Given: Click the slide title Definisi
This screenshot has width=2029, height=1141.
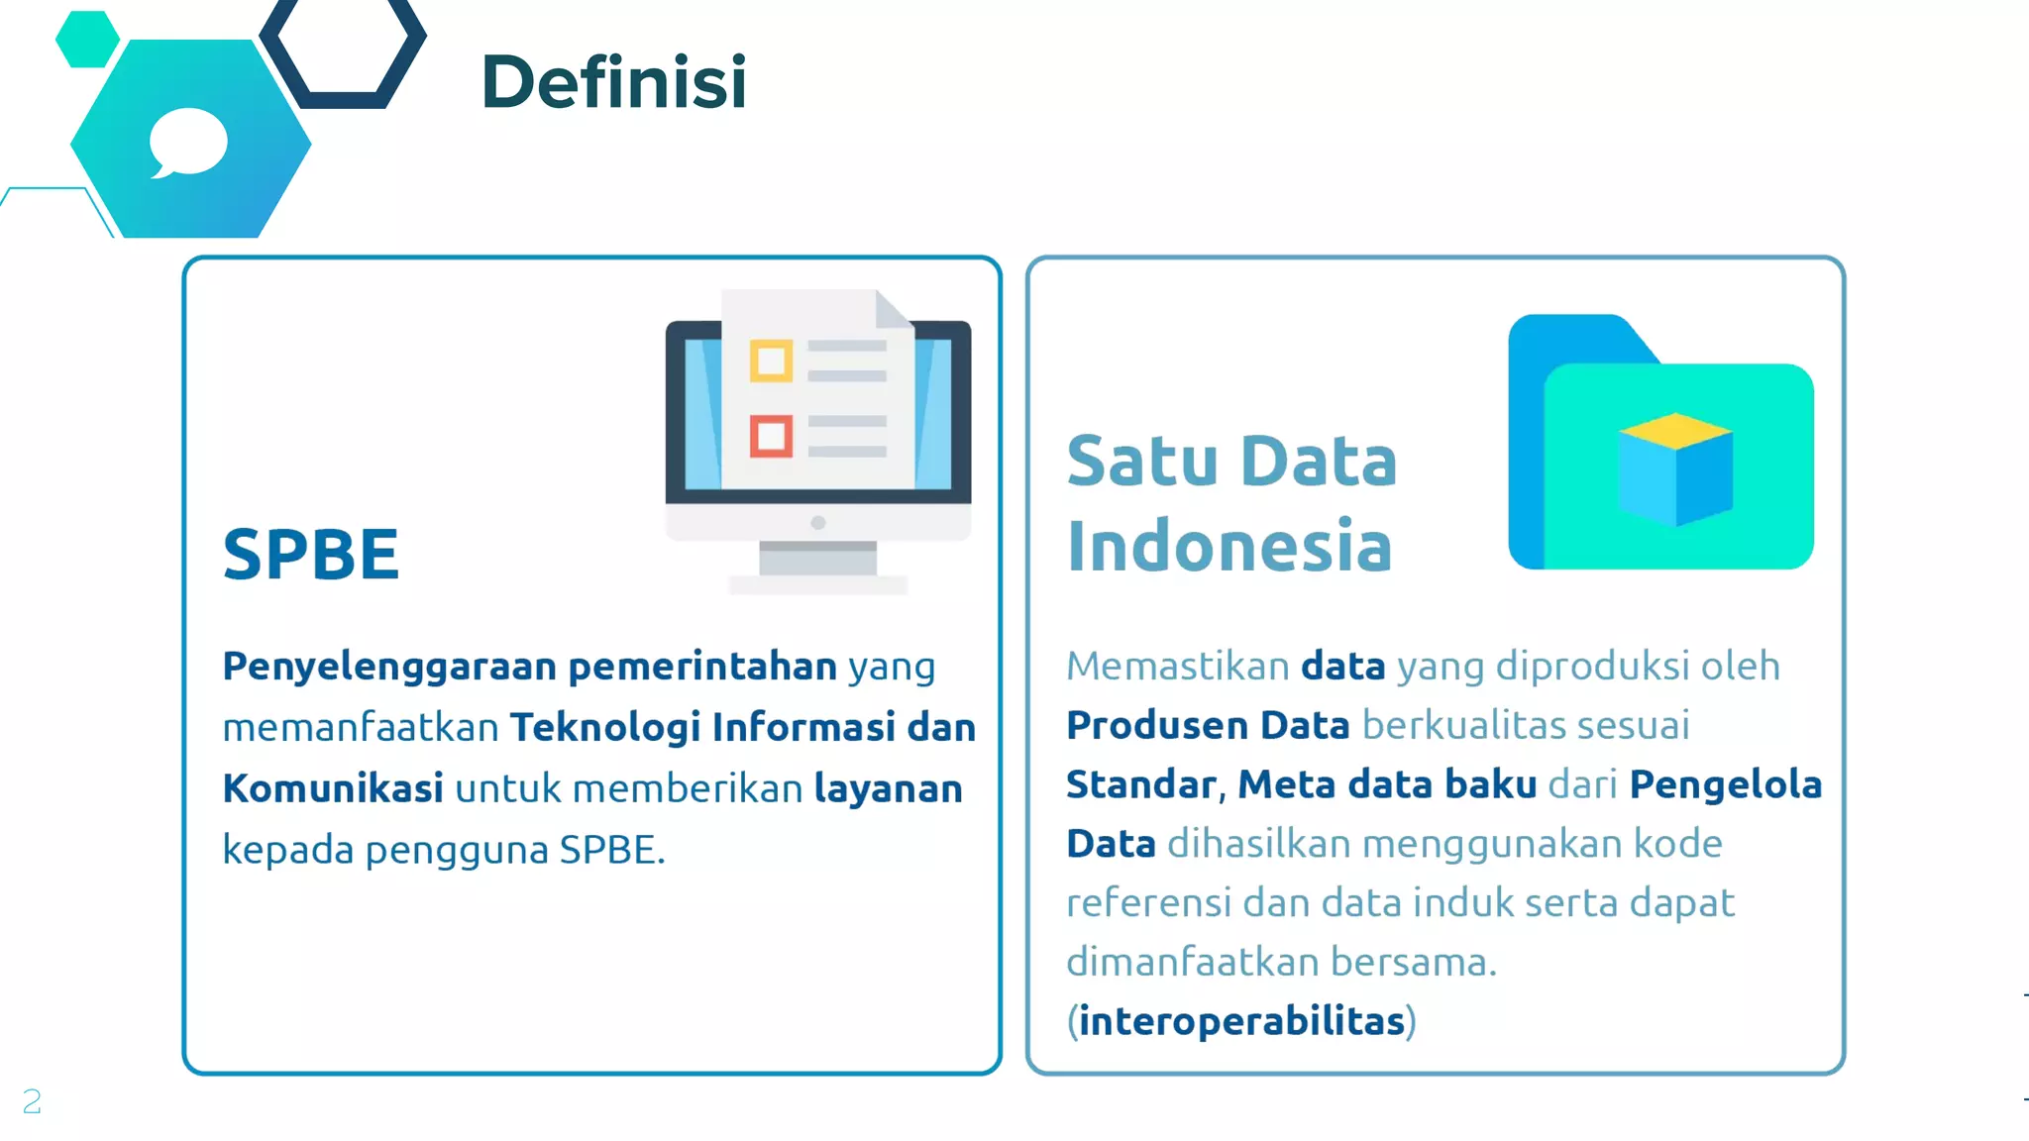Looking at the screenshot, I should click(x=613, y=82).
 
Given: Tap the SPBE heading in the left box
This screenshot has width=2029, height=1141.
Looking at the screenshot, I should click(x=311, y=554).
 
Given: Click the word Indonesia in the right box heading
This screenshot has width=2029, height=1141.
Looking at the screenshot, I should click(x=1229, y=546).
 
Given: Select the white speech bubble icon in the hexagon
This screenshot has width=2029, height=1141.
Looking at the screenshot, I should click(x=187, y=144).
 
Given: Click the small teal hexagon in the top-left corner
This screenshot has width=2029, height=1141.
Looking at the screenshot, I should click(x=87, y=40).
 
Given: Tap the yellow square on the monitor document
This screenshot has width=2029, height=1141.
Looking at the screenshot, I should click(x=771, y=361).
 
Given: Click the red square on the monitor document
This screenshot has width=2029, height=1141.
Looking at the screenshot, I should click(x=771, y=436).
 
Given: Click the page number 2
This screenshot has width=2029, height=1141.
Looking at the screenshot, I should click(x=32, y=1101).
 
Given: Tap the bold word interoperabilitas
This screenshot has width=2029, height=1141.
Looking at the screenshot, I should click(x=1241, y=1021).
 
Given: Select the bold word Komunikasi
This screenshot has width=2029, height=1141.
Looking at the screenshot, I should click(x=333, y=789).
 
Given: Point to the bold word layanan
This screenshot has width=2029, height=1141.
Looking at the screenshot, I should click(x=888, y=789).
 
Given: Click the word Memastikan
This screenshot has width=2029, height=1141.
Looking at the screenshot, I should click(x=1177, y=667).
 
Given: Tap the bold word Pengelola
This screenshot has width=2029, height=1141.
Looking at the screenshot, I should click(x=1725, y=784).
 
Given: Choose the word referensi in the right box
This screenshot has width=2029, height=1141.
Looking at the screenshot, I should click(x=1148, y=903).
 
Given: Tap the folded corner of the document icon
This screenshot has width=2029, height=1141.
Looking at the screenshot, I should click(x=894, y=308).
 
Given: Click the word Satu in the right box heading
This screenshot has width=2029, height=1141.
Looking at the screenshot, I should click(x=1141, y=462).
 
